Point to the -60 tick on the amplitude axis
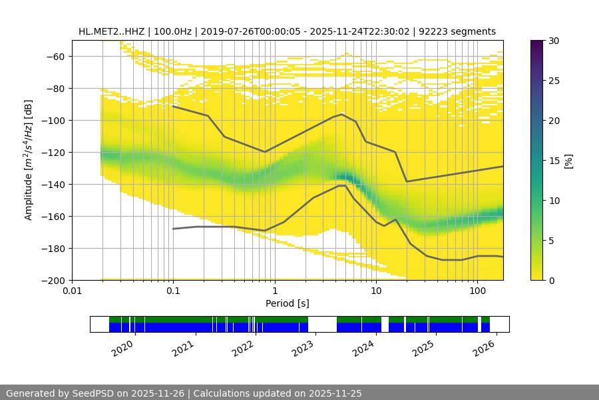click(x=54, y=56)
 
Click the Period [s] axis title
click(x=287, y=303)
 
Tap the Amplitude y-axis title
click(x=28, y=160)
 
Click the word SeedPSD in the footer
click(x=93, y=393)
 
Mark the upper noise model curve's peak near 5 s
click(x=342, y=115)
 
